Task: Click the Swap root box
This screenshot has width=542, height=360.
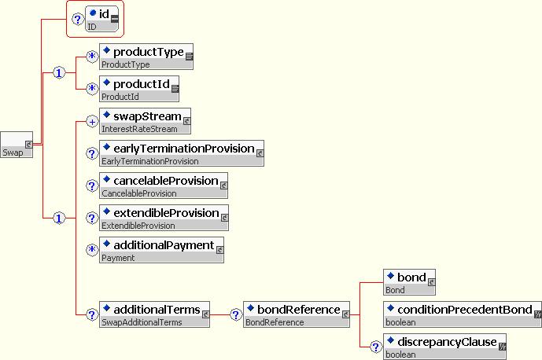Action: point(17,145)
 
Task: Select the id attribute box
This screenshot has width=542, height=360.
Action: point(102,19)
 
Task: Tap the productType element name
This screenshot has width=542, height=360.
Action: point(149,52)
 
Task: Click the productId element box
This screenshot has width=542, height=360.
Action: point(139,89)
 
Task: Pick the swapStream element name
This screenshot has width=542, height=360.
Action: point(148,116)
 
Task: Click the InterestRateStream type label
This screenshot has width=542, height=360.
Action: point(139,129)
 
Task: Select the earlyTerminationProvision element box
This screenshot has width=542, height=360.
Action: point(182,153)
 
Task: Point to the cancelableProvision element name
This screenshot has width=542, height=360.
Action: point(166,181)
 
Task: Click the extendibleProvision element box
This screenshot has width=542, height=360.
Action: point(164,218)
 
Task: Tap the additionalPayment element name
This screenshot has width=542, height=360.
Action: point(164,245)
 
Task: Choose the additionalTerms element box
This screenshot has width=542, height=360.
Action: point(154,314)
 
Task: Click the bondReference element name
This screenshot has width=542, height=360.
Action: point(299,310)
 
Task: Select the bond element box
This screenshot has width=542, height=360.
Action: point(409,282)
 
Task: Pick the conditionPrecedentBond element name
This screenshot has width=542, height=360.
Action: point(465,310)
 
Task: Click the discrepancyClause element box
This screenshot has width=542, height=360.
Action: point(445,347)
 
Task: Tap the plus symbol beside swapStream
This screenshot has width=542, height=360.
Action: point(92,122)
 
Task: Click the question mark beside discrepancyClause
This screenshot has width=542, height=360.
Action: point(376,347)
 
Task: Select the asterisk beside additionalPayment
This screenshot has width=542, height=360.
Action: point(92,250)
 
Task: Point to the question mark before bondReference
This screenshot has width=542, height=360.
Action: point(236,314)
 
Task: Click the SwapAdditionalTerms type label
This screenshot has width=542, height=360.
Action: point(142,322)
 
